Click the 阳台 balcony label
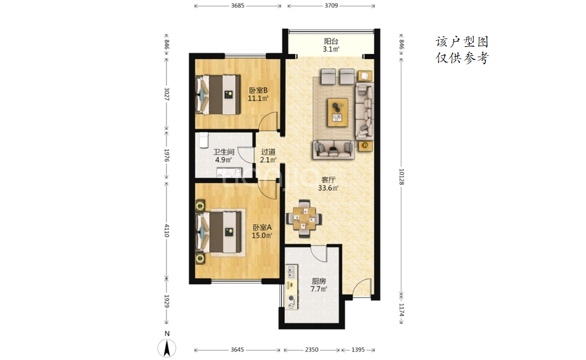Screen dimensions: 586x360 click(331, 41)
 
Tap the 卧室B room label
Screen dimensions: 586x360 click(258, 91)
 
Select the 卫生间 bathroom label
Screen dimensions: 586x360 click(224, 152)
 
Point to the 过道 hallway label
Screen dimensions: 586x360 click(268, 152)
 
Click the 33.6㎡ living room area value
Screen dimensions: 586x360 click(328, 188)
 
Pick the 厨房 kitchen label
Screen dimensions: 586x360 click(319, 281)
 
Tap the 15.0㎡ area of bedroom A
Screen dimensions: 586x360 click(261, 236)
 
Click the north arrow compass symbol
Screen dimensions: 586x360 click(166, 349)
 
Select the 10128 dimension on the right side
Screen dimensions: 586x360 click(401, 177)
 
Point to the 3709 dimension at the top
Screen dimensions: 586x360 click(331, 5)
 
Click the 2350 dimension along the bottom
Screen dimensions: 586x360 click(311, 350)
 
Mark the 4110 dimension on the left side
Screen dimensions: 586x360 click(166, 230)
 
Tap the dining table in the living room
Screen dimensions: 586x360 click(304, 219)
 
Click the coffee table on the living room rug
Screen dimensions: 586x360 click(338, 112)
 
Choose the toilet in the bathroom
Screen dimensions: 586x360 click(203, 141)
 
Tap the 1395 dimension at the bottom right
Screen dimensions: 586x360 click(358, 350)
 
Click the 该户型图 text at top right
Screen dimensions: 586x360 click(462, 42)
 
